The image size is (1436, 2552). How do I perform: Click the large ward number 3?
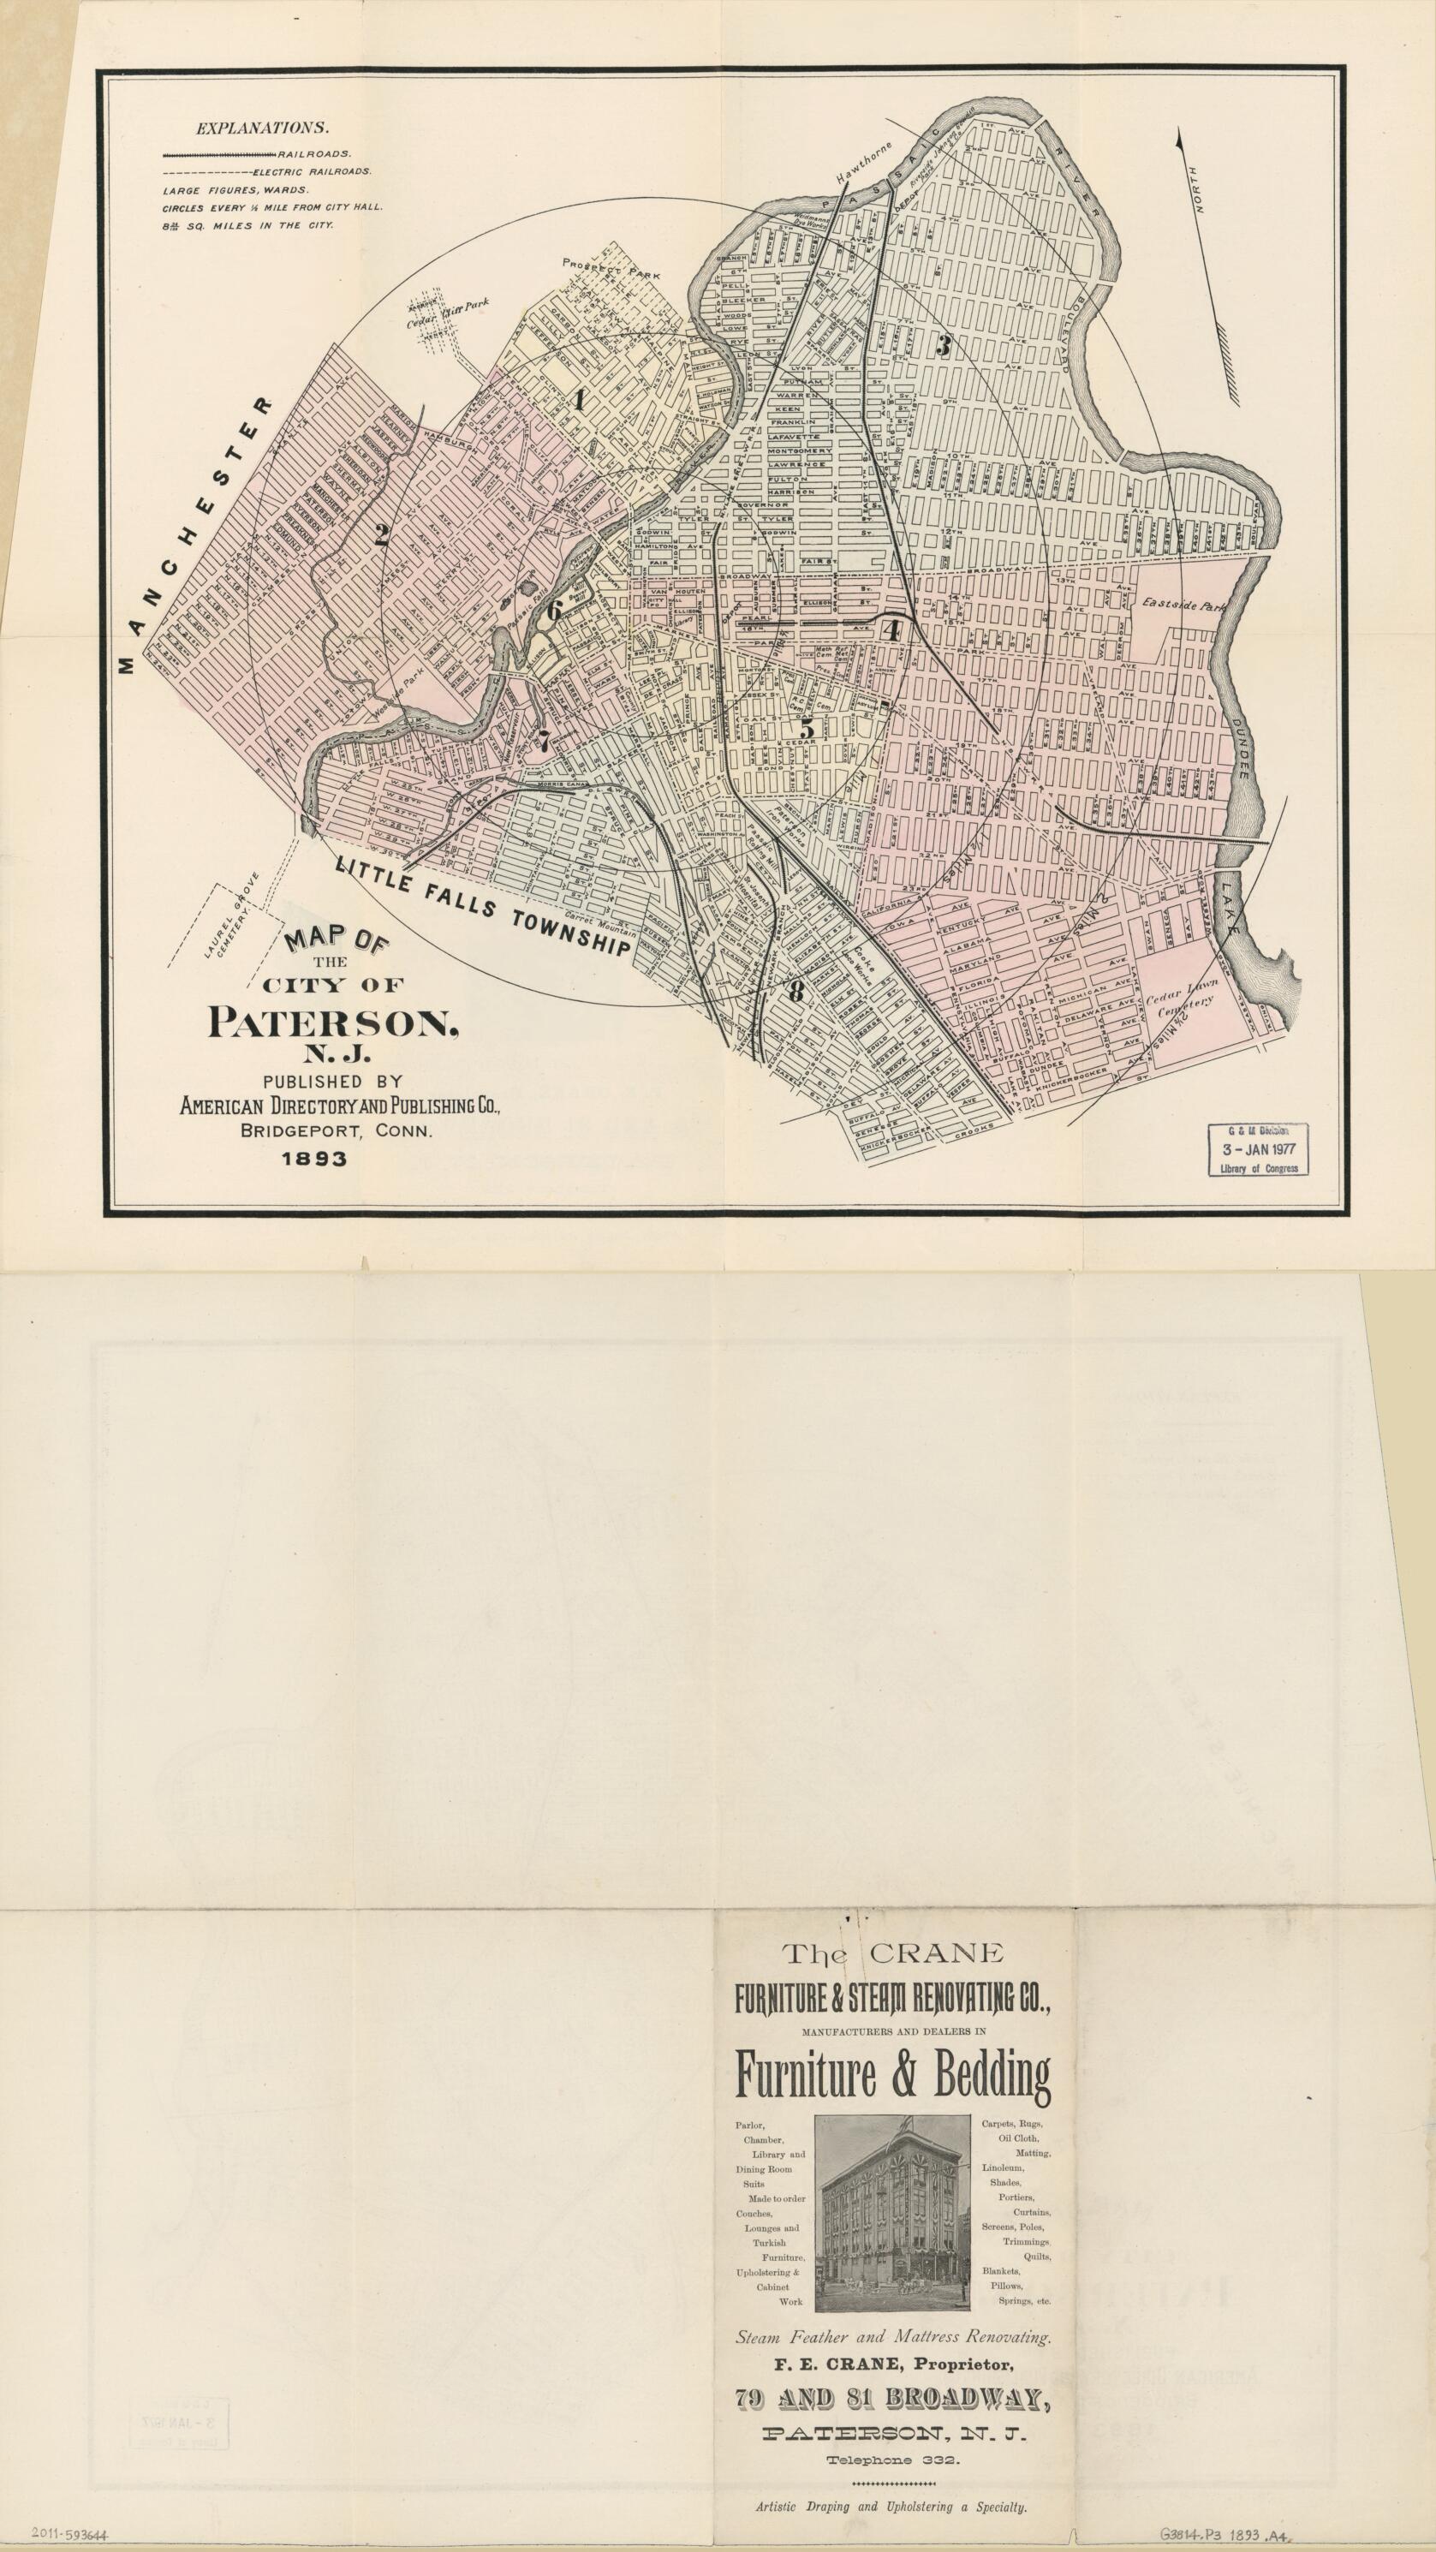943,347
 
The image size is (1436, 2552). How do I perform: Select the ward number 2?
380,536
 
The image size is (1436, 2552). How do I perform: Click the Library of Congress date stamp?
1258,1148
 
